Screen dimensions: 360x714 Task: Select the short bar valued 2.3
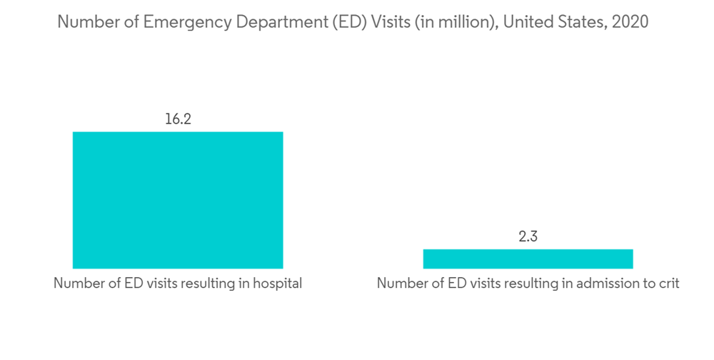click(x=528, y=259)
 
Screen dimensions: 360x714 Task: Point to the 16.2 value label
click(x=178, y=119)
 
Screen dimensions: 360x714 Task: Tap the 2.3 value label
click(x=528, y=237)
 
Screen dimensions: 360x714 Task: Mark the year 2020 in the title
click(x=630, y=22)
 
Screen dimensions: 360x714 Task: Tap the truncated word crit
click(x=668, y=284)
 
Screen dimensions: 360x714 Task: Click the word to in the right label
click(x=646, y=284)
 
